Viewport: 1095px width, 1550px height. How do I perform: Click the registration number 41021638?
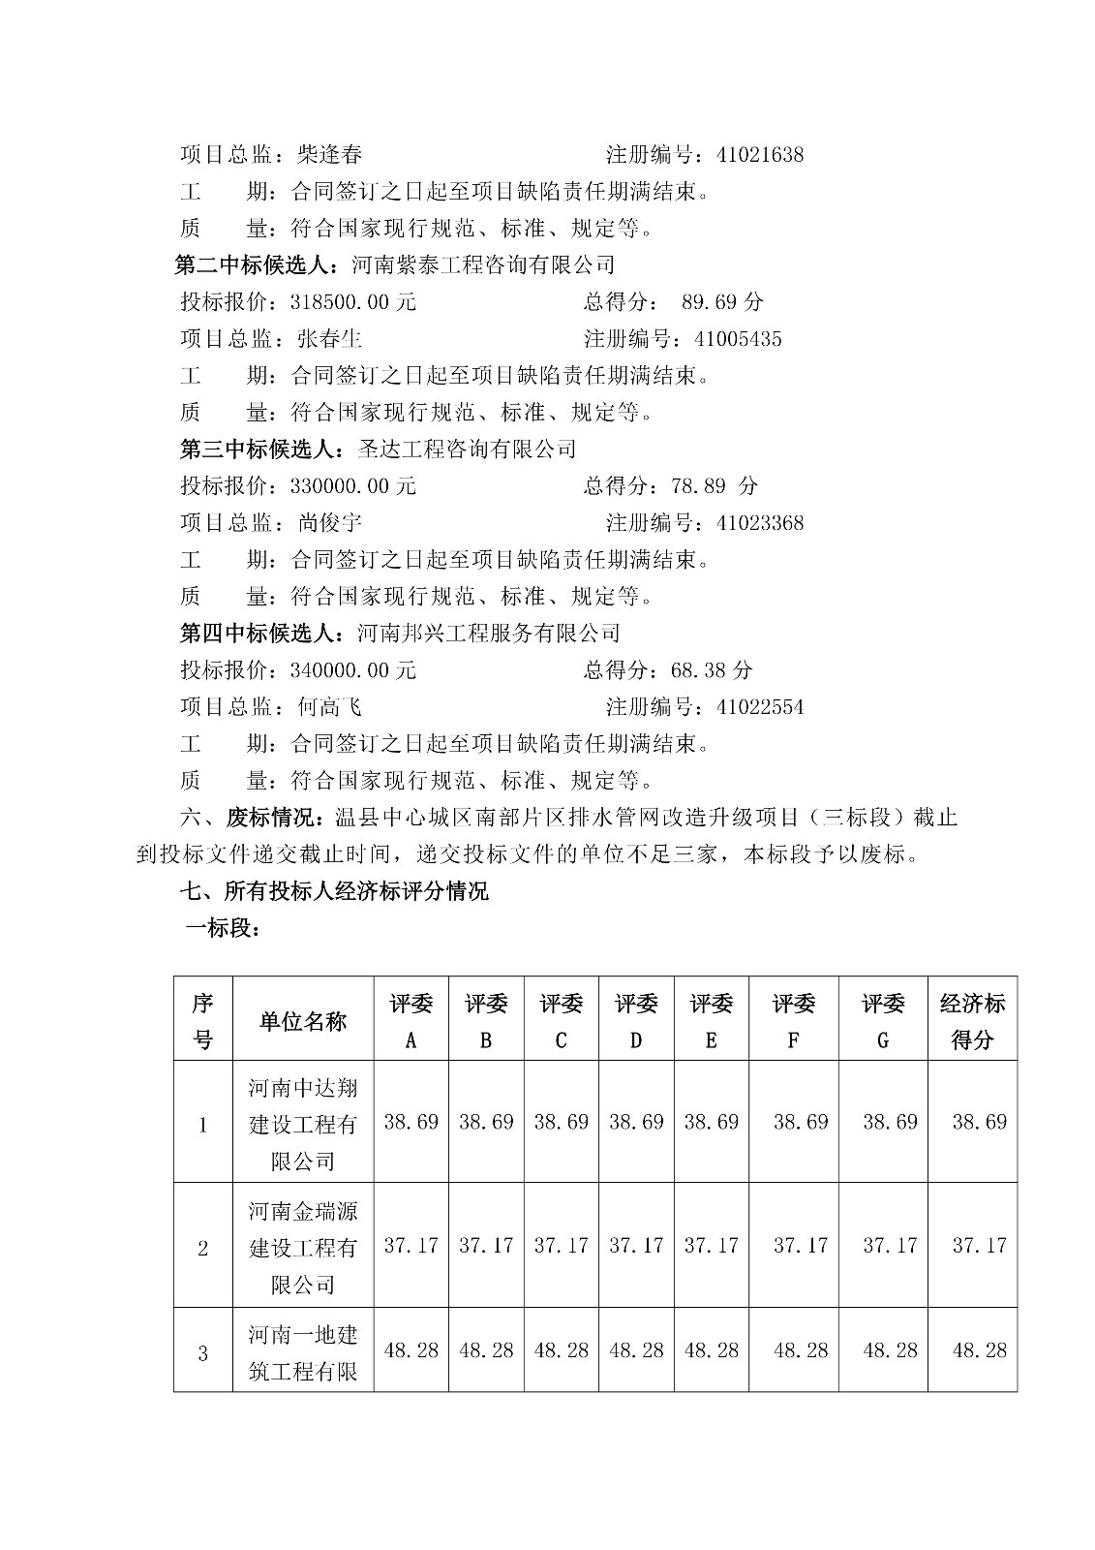760,155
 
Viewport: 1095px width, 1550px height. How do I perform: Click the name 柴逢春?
330,155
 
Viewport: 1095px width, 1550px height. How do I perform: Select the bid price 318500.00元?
353,302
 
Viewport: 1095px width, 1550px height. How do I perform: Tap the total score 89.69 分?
722,302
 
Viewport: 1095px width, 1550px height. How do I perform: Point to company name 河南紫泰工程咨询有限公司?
483,264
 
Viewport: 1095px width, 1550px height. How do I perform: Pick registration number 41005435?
738,339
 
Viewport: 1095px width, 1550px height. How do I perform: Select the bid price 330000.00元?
353,486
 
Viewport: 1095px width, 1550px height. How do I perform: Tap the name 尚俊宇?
330,523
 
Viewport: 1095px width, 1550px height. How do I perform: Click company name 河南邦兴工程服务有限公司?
488,634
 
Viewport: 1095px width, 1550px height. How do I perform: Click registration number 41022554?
760,707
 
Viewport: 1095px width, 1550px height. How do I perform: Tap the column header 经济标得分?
972,1022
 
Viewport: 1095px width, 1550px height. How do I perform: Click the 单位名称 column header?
303,1022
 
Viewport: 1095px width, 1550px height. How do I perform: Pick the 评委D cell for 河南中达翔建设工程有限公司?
636,1122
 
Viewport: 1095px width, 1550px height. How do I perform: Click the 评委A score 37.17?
411,1246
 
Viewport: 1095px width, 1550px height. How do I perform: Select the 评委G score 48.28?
890,1350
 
